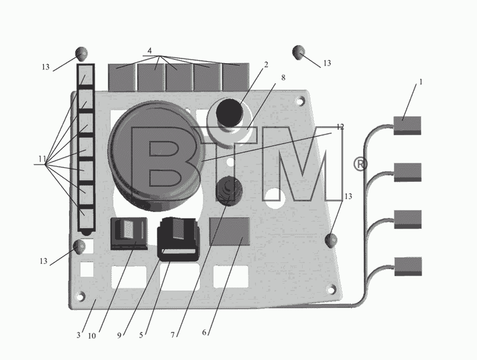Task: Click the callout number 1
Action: (421, 82)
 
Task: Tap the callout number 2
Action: (266, 65)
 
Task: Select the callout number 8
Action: (283, 77)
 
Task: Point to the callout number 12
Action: (340, 127)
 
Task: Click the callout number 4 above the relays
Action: (149, 51)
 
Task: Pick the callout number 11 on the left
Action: (42, 159)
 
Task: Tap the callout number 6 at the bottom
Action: (204, 332)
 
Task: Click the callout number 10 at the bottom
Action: (92, 336)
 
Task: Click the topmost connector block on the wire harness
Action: (408, 125)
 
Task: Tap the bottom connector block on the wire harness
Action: (408, 267)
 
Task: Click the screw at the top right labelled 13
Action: (298, 52)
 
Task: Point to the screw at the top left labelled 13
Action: (81, 54)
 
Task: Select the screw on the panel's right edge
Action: (331, 240)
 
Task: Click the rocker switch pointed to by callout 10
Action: (129, 233)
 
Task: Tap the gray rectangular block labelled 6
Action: (229, 231)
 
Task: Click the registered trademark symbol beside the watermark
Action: (360, 164)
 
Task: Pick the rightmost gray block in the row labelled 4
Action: (236, 77)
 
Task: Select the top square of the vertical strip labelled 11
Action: (86, 75)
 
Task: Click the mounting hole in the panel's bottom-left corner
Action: (81, 296)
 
